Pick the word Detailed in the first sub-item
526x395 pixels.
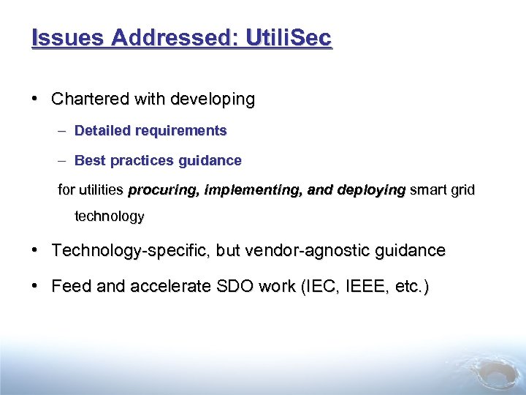point(102,131)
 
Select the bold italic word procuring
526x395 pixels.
point(164,190)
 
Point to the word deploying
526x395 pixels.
point(371,190)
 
